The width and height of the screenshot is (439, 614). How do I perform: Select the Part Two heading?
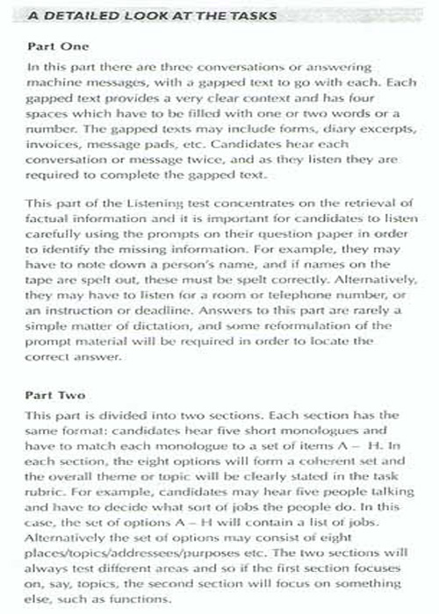pos(54,395)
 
